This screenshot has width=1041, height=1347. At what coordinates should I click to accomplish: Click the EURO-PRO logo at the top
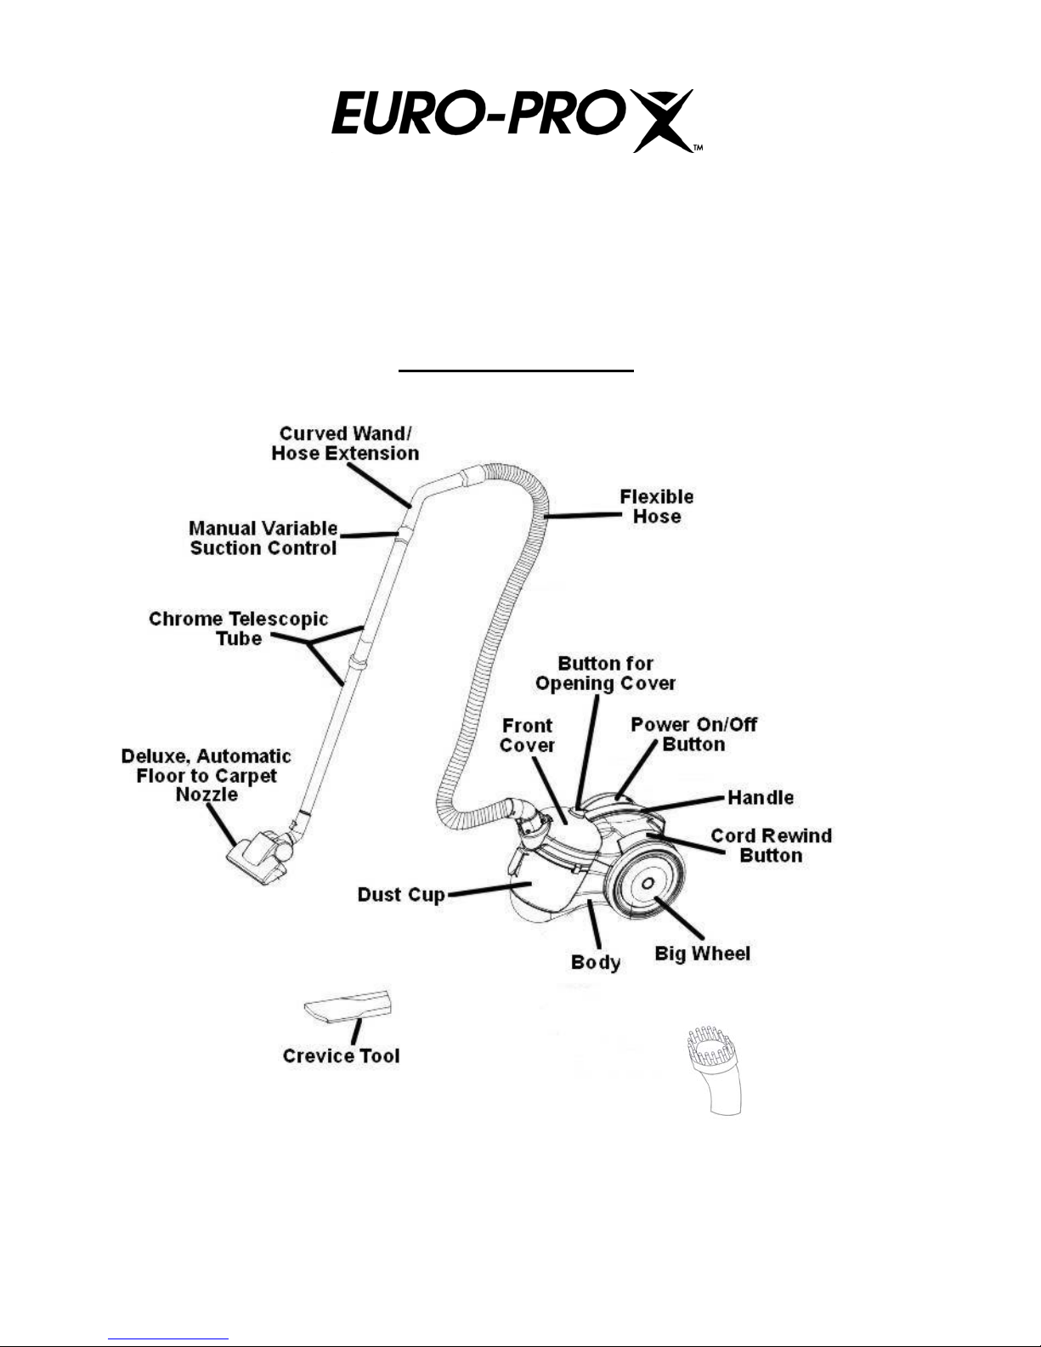pyautogui.click(x=518, y=121)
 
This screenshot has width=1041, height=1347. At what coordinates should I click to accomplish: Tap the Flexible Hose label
pyautogui.click(x=657, y=507)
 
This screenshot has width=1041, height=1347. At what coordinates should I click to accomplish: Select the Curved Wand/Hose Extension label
pyautogui.click(x=345, y=444)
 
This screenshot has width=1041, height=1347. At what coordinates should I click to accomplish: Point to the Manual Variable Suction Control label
pyautogui.click(x=263, y=538)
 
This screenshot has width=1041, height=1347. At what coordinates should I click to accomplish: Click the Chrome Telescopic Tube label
pyautogui.click(x=239, y=629)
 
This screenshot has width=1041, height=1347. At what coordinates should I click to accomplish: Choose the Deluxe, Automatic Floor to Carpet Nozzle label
pyautogui.click(x=207, y=775)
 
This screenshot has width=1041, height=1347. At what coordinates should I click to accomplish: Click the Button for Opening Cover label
pyautogui.click(x=605, y=673)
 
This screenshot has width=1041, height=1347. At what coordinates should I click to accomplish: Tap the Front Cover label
pyautogui.click(x=528, y=735)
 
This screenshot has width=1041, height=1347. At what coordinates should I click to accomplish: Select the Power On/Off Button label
pyautogui.click(x=694, y=734)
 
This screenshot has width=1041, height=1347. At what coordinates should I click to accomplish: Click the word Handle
pyautogui.click(x=761, y=797)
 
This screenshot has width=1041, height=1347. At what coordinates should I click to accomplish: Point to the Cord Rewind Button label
pyautogui.click(x=772, y=845)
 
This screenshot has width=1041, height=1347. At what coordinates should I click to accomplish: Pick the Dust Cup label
pyautogui.click(x=401, y=895)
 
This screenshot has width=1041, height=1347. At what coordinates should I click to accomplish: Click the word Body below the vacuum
pyautogui.click(x=596, y=962)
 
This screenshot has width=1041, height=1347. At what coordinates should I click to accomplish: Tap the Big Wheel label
pyautogui.click(x=703, y=954)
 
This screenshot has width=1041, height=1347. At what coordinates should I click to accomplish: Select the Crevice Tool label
pyautogui.click(x=342, y=1056)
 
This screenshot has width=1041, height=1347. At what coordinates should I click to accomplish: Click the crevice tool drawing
pyautogui.click(x=348, y=1006)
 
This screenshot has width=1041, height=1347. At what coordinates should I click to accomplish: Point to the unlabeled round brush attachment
pyautogui.click(x=716, y=1071)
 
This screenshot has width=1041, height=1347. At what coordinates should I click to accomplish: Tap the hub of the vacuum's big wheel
pyautogui.click(x=648, y=884)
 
